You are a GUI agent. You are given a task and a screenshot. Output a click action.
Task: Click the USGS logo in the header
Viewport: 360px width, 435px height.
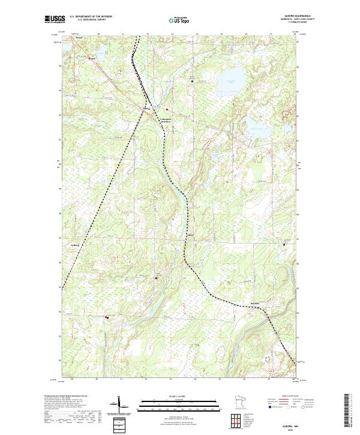tap(54, 19)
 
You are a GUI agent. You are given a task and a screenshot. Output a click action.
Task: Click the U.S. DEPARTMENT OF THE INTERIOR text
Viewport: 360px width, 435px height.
tap(91, 16)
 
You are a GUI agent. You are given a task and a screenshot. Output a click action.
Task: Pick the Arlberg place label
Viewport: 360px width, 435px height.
tap(75, 245)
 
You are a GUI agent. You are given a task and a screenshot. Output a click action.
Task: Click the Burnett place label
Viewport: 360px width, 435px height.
tap(254, 304)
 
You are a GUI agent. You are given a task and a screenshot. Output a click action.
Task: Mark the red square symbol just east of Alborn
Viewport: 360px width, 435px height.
tap(166, 109)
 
